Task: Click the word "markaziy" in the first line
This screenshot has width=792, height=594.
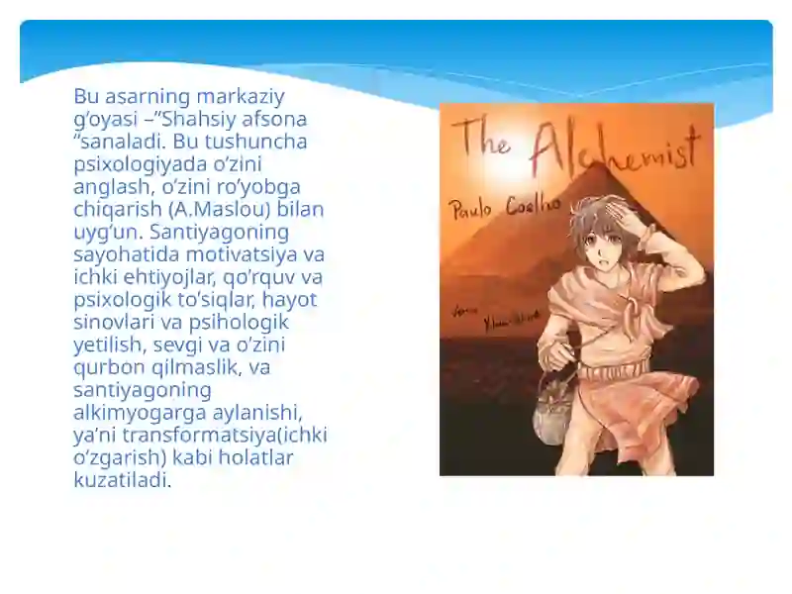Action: tap(242, 97)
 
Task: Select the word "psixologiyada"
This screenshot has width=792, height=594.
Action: tap(134, 164)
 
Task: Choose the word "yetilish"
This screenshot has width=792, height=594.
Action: tap(108, 346)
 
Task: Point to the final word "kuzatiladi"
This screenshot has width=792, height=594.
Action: tap(121, 481)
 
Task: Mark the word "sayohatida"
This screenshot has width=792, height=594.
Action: tap(120, 254)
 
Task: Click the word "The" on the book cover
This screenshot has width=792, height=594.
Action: tap(482, 136)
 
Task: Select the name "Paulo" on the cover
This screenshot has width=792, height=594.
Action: tap(473, 209)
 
